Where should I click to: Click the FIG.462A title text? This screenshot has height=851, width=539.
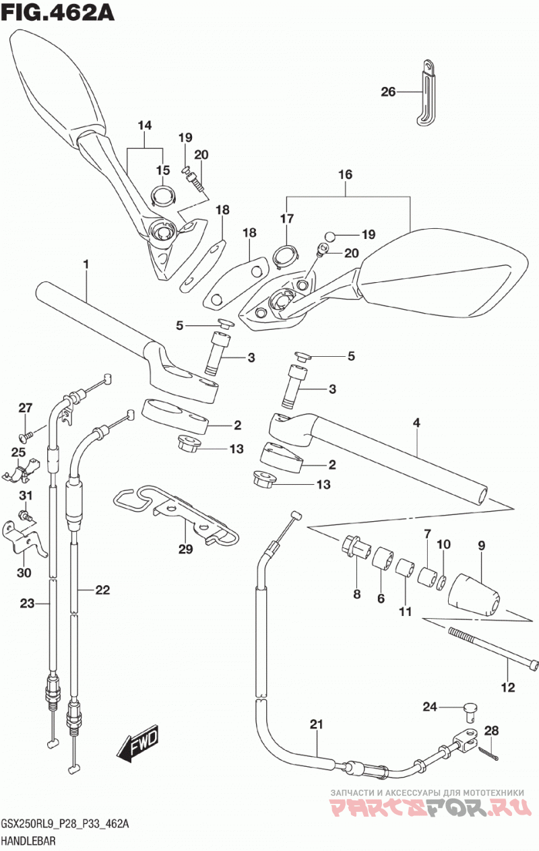click(x=57, y=13)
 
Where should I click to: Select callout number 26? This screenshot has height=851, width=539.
click(x=388, y=92)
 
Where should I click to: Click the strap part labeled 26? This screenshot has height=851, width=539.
click(x=426, y=92)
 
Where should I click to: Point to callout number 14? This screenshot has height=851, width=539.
click(x=145, y=125)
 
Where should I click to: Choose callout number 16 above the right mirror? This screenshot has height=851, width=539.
click(x=345, y=174)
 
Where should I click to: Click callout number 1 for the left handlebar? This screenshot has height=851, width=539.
click(x=86, y=264)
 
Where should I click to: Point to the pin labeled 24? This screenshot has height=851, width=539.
click(x=470, y=712)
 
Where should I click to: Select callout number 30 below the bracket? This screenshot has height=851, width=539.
click(x=24, y=572)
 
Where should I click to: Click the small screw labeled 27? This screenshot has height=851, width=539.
click(x=25, y=438)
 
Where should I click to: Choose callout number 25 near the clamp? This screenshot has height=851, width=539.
click(x=18, y=452)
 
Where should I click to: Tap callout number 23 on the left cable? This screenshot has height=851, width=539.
click(x=27, y=603)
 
